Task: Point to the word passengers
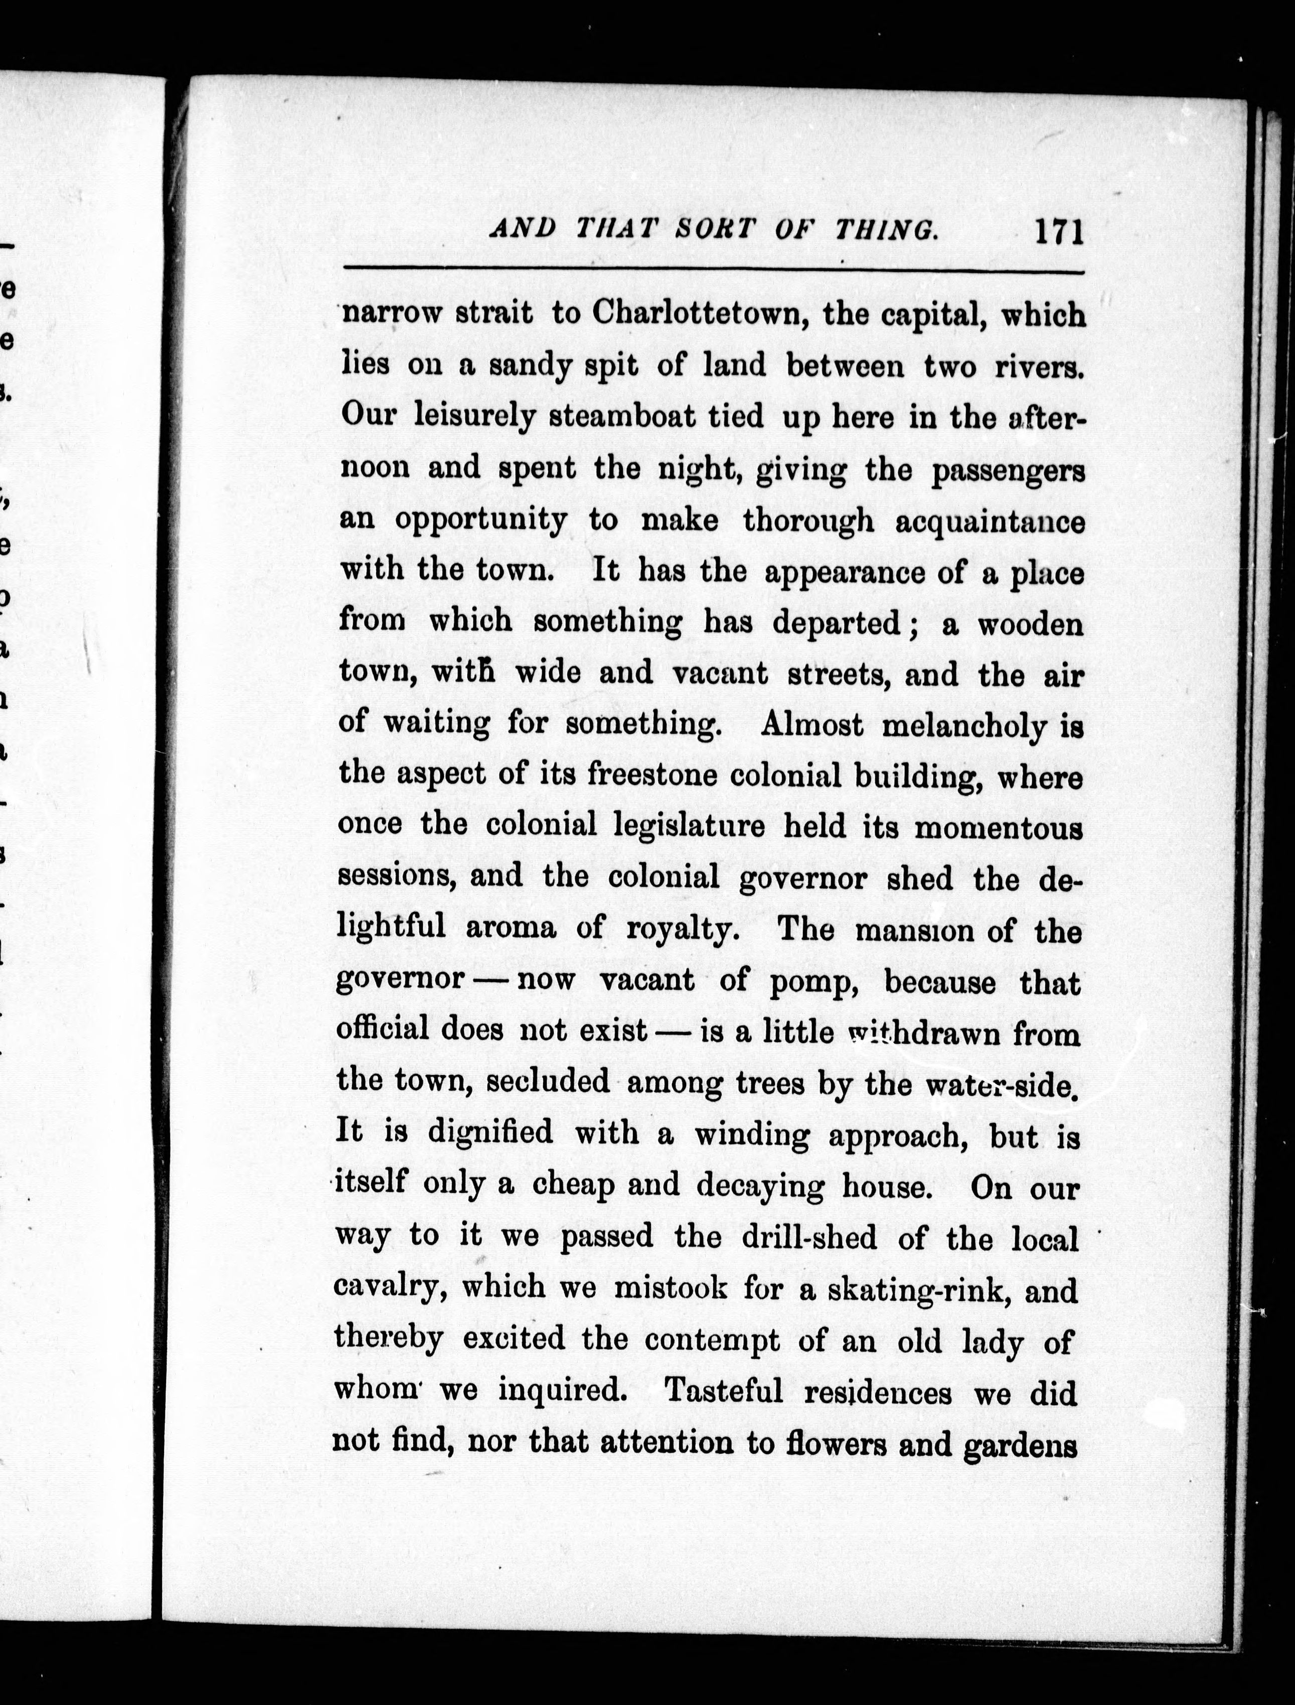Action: (1008, 469)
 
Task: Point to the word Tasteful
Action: (724, 1391)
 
